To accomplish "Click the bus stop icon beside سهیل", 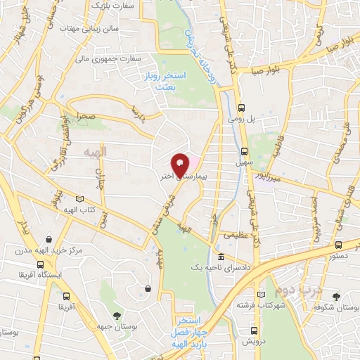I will [245, 150].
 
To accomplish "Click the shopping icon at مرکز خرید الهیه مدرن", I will [46, 239].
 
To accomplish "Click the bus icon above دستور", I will [339, 245].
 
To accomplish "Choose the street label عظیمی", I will [235, 235].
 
